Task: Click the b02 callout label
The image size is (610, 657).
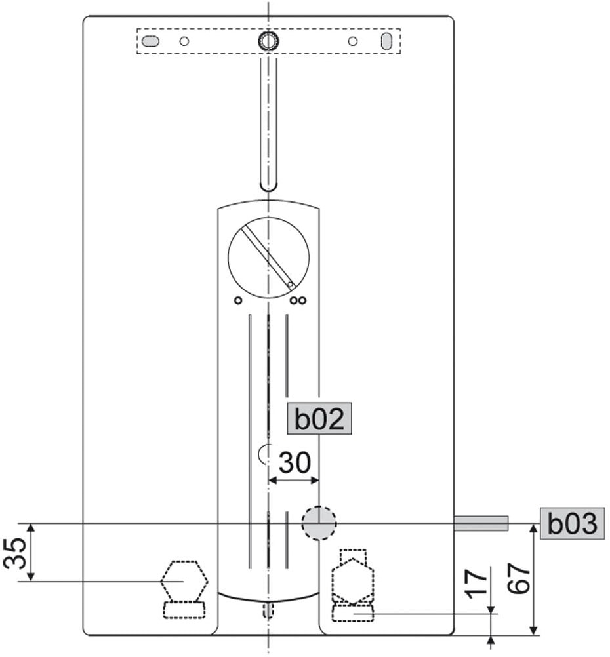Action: click(319, 418)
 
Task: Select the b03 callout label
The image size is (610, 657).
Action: click(572, 523)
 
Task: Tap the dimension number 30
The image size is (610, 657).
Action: click(295, 462)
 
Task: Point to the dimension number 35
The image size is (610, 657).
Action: click(15, 552)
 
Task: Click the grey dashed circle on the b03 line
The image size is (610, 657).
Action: click(319, 523)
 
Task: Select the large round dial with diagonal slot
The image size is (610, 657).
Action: click(269, 257)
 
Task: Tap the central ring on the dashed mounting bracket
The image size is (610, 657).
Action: click(268, 41)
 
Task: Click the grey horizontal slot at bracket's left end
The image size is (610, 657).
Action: click(150, 41)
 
